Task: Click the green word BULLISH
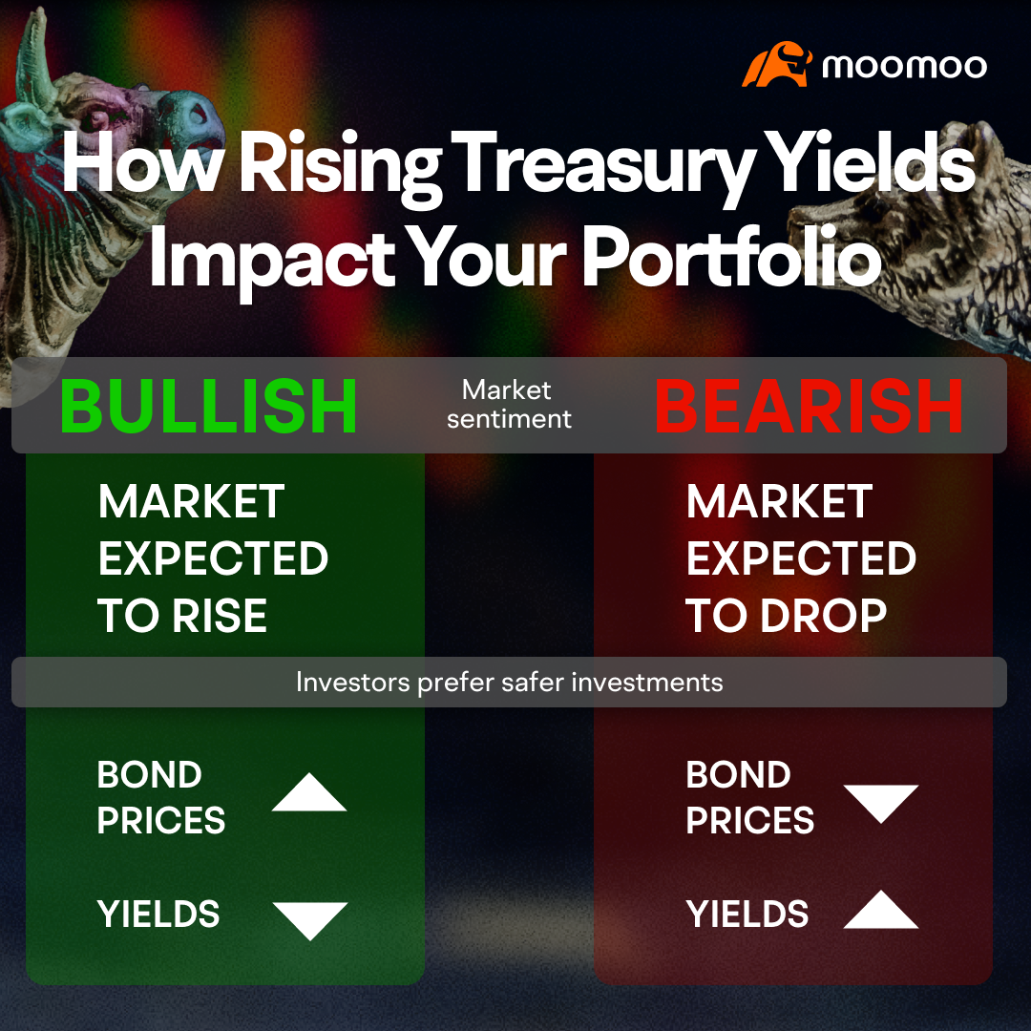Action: coord(208,406)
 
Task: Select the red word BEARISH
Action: coord(809,406)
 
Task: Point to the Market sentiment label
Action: coord(508,404)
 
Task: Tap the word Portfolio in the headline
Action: coord(731,258)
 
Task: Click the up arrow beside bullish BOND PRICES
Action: coord(308,794)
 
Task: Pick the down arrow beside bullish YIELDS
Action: coord(309,918)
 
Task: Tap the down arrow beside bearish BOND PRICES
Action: coord(880,802)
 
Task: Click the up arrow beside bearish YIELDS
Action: coord(880,911)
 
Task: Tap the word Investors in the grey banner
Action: coord(353,683)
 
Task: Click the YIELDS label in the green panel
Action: coord(158,915)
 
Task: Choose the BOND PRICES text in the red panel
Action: coord(749,798)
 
